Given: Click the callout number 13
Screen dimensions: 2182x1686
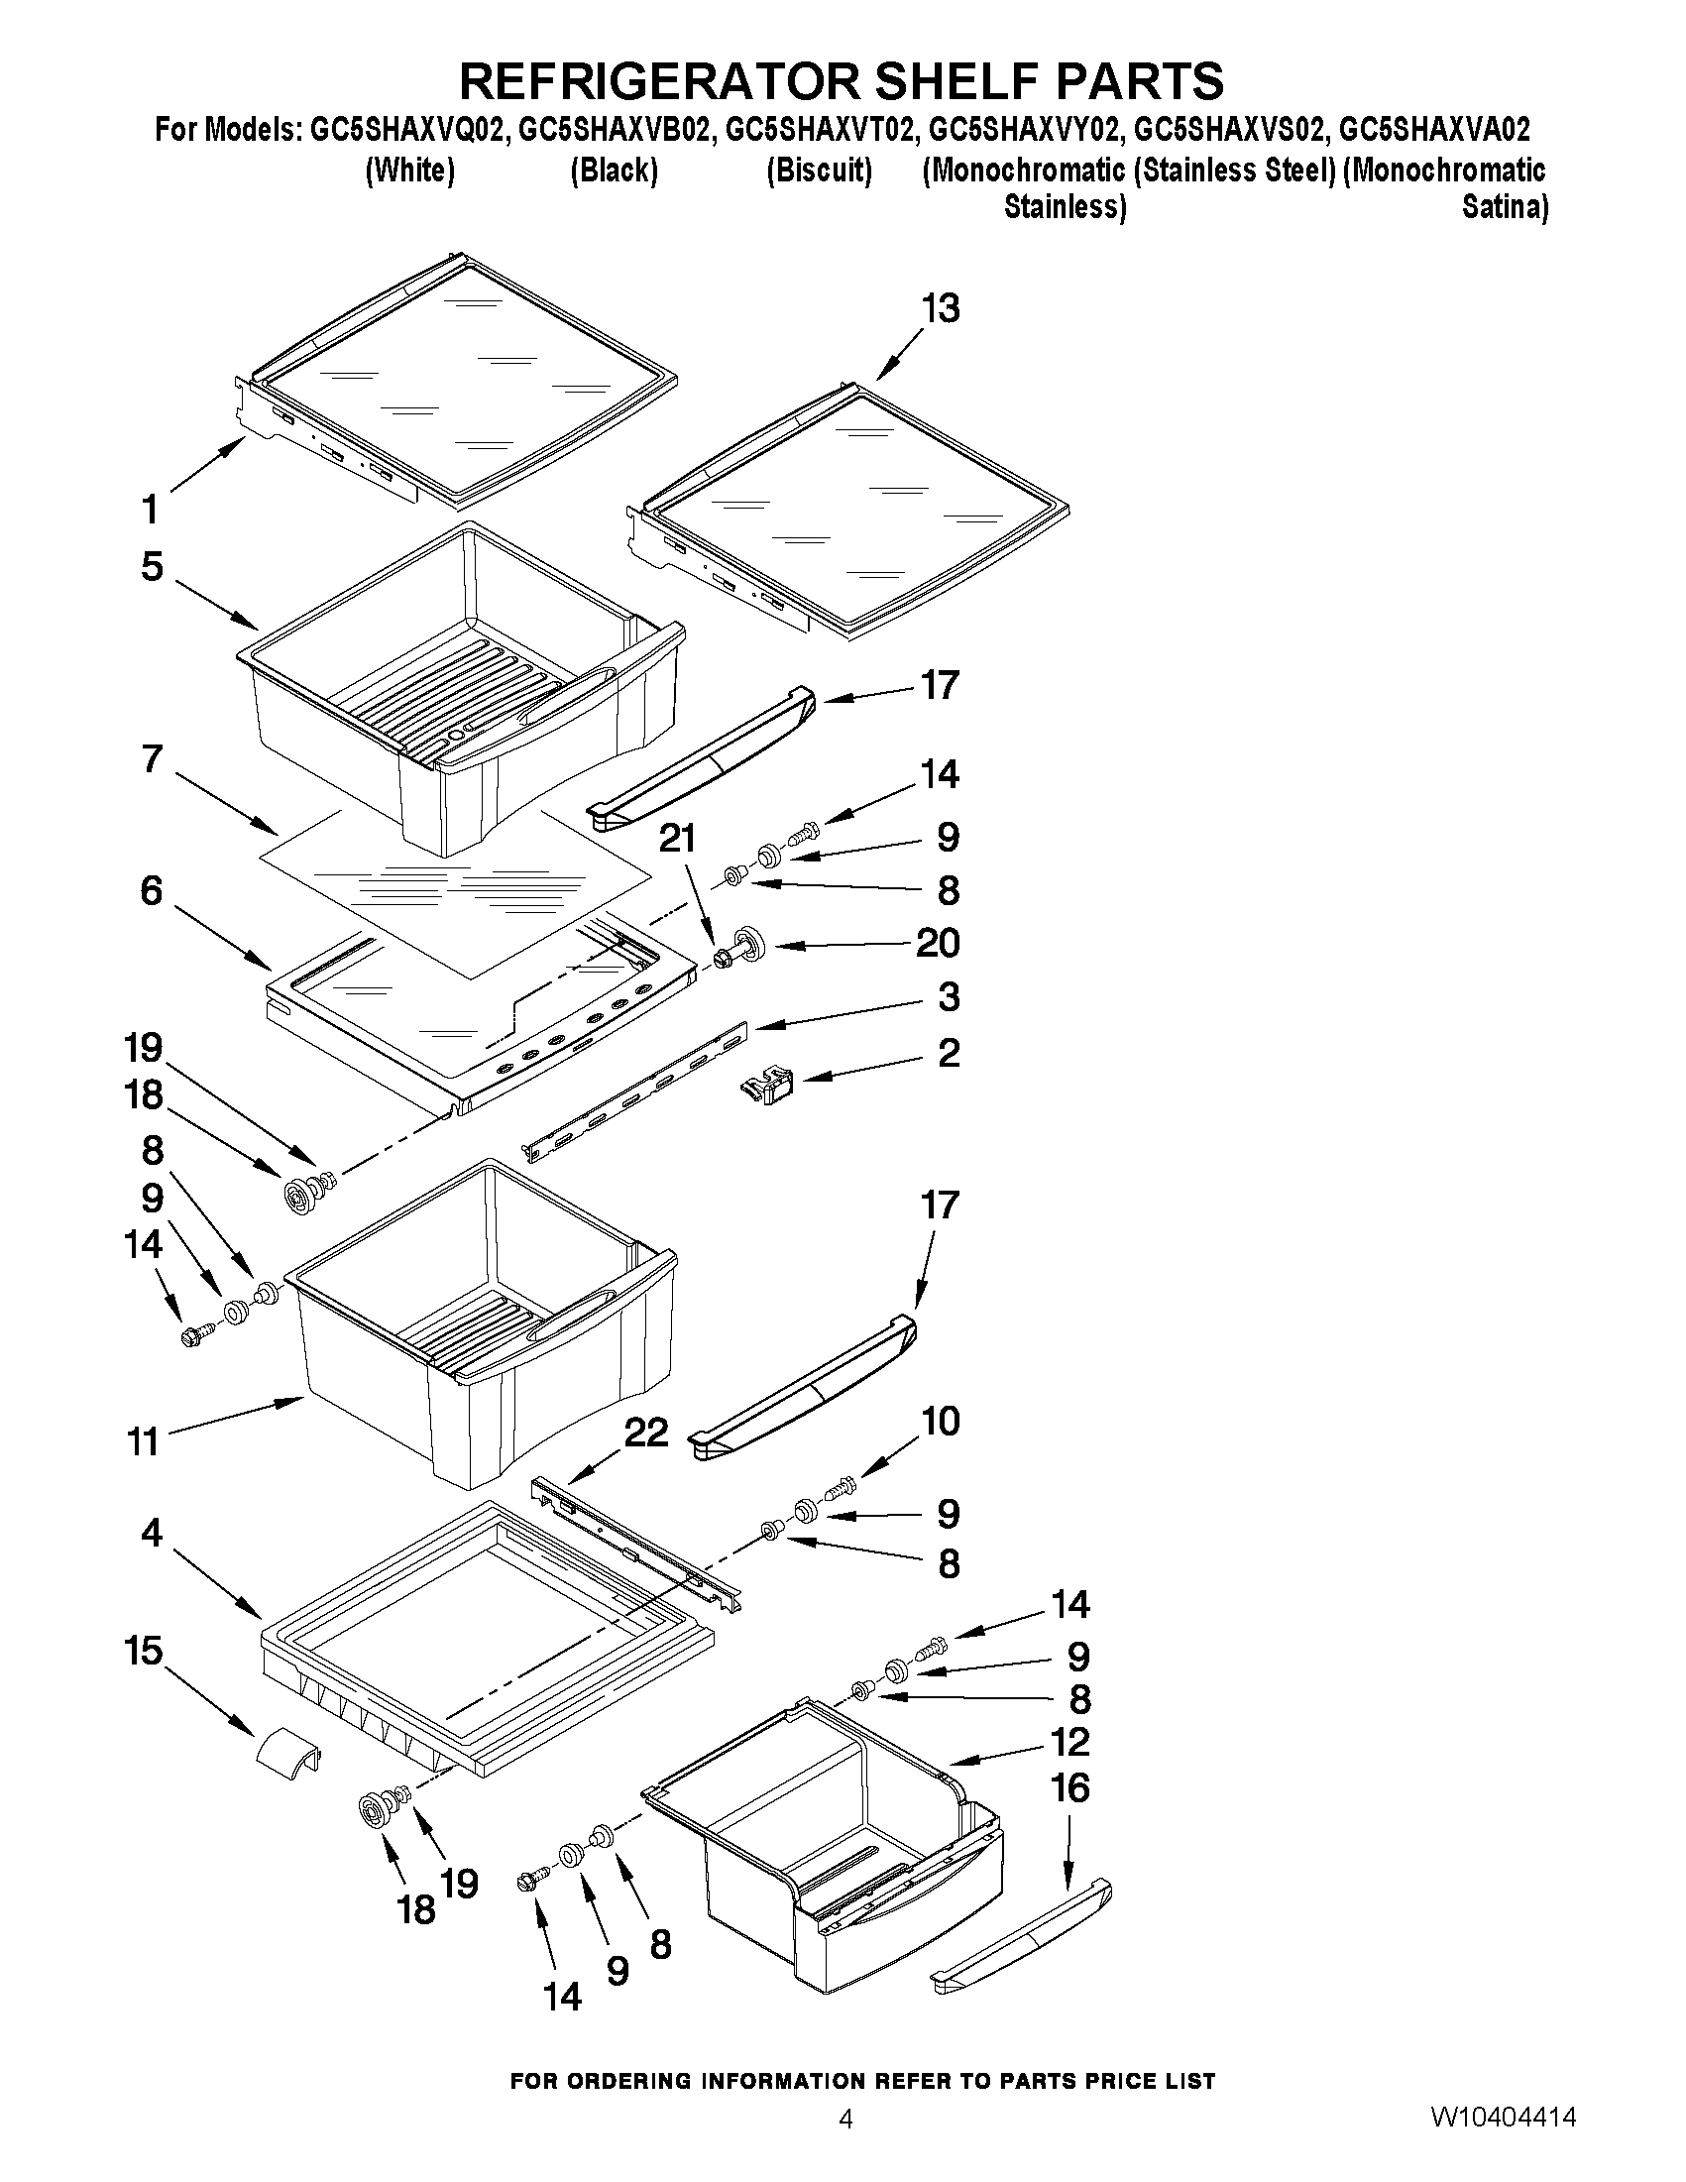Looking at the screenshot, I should (x=940, y=308).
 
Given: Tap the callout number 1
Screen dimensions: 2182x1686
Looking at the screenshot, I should (x=150, y=511).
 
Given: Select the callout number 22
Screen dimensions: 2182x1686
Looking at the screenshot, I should (x=645, y=1433).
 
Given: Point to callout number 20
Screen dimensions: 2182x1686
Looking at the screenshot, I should (x=938, y=943).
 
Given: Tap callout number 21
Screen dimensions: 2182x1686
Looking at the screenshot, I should (x=677, y=839).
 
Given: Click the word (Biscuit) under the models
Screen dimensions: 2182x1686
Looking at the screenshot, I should (x=819, y=171).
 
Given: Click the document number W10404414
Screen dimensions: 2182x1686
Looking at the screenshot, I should (x=1504, y=2142).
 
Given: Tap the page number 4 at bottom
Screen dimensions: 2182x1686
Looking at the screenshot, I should (x=845, y=2143).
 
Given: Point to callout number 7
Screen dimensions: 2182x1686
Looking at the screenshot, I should (x=151, y=759).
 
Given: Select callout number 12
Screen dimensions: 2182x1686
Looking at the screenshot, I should (x=1069, y=1743).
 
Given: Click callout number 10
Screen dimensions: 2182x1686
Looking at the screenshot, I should (x=940, y=1421).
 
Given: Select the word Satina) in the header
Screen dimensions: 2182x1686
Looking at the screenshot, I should (x=1505, y=208).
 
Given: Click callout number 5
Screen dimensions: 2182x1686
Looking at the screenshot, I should (x=151, y=566).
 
